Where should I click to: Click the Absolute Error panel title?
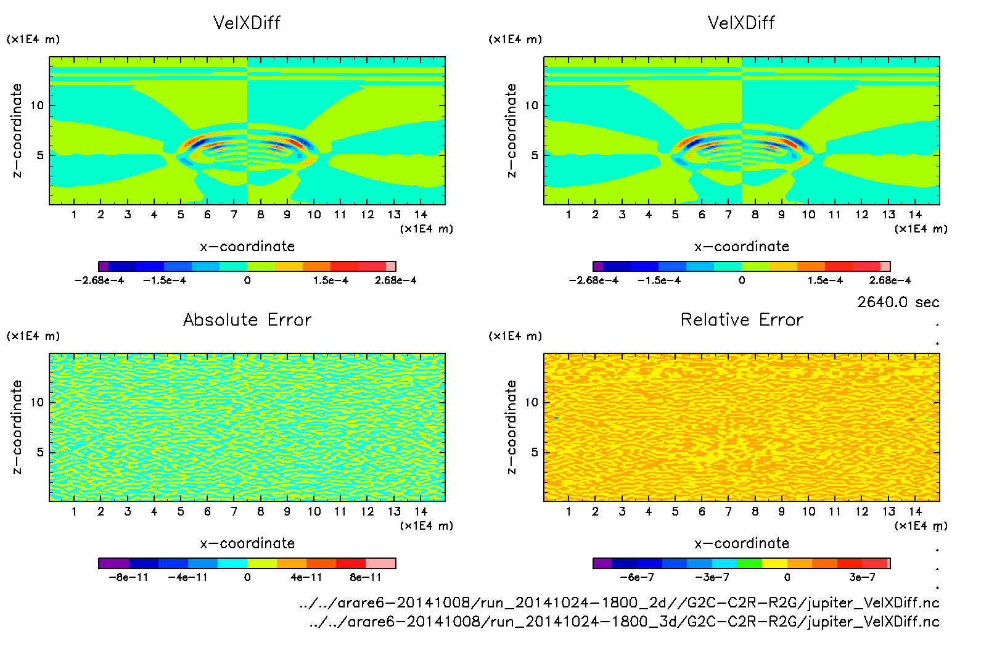(247, 319)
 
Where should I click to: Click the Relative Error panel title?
(742, 319)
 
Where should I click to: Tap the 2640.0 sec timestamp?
(898, 302)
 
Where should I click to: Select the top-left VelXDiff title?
(247, 23)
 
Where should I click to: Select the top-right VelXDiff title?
(741, 23)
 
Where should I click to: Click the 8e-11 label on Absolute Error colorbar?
(366, 577)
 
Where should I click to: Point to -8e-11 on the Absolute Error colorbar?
(128, 577)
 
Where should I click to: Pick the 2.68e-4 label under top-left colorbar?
(395, 281)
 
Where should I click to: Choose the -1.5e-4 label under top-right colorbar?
(659, 281)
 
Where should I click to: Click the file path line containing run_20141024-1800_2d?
(619, 603)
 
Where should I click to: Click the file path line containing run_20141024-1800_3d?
(624, 622)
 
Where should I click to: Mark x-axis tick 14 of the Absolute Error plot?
(421, 511)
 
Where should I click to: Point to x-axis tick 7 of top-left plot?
(234, 215)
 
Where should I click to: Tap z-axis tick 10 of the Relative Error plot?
(531, 403)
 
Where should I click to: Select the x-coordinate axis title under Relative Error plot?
(742, 543)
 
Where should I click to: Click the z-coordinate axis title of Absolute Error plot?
(17, 427)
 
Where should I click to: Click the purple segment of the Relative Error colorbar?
(602, 563)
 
